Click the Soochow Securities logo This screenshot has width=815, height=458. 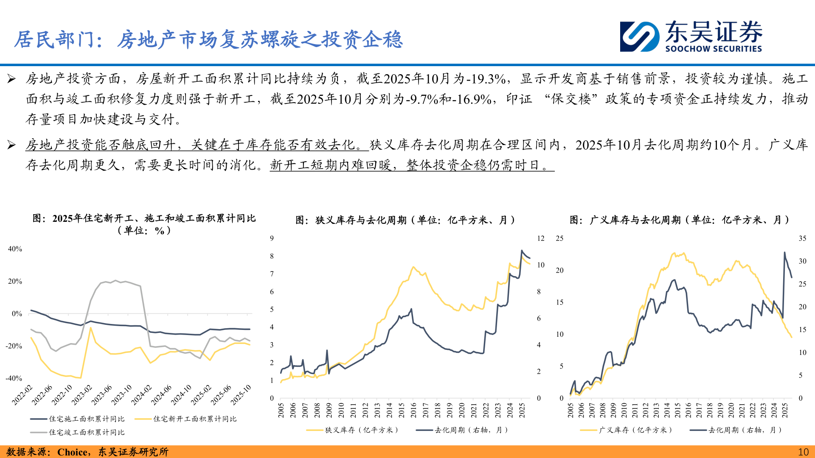pos(691,37)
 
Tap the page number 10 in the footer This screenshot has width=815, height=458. pos(803,452)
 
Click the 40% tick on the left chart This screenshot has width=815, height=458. pos(15,249)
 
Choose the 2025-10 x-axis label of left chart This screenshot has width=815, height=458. pos(241,394)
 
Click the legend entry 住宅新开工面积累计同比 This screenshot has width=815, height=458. pos(194,419)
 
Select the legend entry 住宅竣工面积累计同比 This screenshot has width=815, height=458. pos(87,433)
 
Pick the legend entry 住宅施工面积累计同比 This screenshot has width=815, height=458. pos(87,419)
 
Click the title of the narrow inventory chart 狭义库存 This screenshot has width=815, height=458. pos(405,220)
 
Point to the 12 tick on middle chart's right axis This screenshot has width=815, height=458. pos(540,238)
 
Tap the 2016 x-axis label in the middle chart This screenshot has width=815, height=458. pos(413,410)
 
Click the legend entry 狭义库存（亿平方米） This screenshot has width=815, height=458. pos(362,430)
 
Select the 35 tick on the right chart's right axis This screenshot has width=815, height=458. pos(802,238)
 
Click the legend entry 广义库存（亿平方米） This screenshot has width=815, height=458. pos(635,430)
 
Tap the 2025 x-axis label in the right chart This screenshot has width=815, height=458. pos(785,410)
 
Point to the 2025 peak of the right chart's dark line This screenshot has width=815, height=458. pos(784,253)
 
